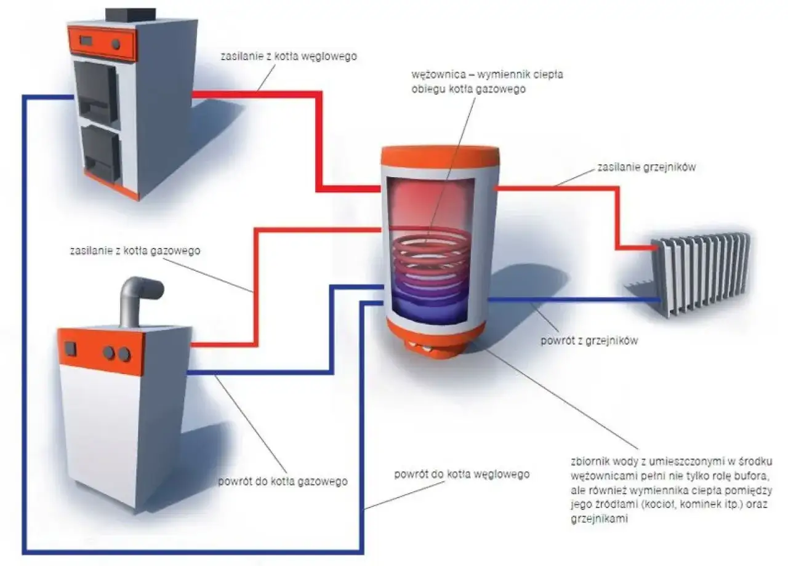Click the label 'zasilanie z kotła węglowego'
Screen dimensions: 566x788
coord(289,56)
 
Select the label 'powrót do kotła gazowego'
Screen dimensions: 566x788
coord(283,481)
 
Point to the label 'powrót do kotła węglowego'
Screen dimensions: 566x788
coord(461,474)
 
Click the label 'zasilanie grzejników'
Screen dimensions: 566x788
coord(646,167)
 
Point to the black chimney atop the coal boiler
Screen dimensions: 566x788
coord(130,14)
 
